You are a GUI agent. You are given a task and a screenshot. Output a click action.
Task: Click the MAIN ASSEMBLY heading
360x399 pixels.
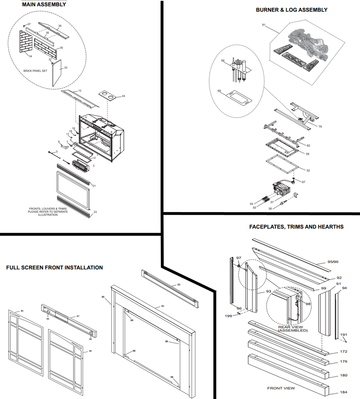coord(44,5)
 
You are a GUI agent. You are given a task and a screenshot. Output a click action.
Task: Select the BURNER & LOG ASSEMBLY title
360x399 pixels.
coord(292,10)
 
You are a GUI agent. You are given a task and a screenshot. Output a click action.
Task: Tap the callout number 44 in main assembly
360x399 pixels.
coord(123,96)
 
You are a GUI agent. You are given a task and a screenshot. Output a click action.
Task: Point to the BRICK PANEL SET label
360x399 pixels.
coord(35,71)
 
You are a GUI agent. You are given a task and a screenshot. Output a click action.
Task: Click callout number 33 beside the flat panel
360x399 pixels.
coord(66,68)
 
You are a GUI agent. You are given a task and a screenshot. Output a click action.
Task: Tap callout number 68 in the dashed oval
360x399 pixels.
coord(219,91)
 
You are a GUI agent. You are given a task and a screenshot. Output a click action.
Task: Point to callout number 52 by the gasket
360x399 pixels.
coord(308,170)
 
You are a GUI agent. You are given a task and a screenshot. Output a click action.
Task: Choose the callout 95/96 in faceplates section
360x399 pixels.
coord(333,262)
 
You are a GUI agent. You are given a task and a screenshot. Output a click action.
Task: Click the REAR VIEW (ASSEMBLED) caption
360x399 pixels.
coord(293,329)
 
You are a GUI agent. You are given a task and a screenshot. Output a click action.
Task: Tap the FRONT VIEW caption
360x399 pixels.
coord(281,388)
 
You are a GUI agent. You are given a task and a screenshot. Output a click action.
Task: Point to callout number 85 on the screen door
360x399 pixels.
coord(22,310)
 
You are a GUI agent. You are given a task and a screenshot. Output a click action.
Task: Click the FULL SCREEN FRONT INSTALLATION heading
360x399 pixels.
coord(54,268)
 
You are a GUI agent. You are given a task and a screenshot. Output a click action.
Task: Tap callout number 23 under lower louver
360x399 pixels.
coord(95,212)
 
